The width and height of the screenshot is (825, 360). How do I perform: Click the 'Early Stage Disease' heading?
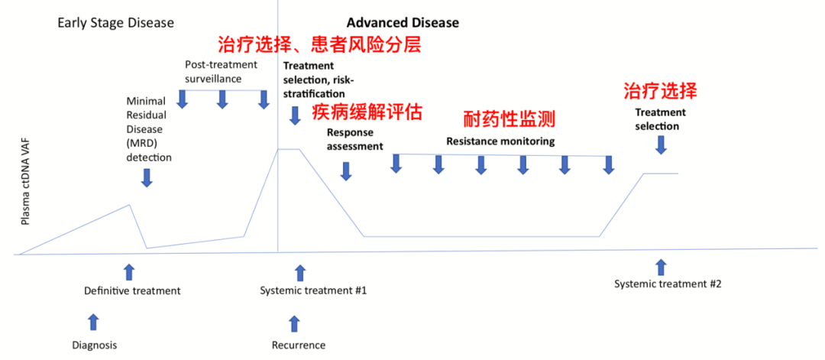click(115, 22)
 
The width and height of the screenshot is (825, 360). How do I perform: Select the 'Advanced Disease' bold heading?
click(403, 22)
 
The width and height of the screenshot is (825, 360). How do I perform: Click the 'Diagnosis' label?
click(95, 345)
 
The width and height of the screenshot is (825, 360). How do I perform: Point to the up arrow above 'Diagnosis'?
click(93, 321)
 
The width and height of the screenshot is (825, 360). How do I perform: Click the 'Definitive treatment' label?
click(132, 290)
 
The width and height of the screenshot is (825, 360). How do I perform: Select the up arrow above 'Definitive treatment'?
click(128, 270)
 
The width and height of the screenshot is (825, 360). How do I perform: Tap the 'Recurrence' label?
click(299, 345)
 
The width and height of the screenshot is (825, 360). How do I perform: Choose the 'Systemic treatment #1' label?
click(314, 290)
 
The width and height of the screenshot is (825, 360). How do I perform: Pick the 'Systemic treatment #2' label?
click(668, 284)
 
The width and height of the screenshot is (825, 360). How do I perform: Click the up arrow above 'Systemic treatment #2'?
click(661, 266)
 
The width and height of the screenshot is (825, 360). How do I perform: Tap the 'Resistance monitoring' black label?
click(500, 141)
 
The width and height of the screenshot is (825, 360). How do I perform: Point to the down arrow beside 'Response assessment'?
click(346, 170)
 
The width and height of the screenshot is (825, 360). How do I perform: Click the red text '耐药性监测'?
click(509, 118)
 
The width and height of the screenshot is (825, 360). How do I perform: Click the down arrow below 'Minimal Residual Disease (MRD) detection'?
click(147, 177)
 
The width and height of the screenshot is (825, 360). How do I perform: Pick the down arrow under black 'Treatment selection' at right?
click(661, 144)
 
